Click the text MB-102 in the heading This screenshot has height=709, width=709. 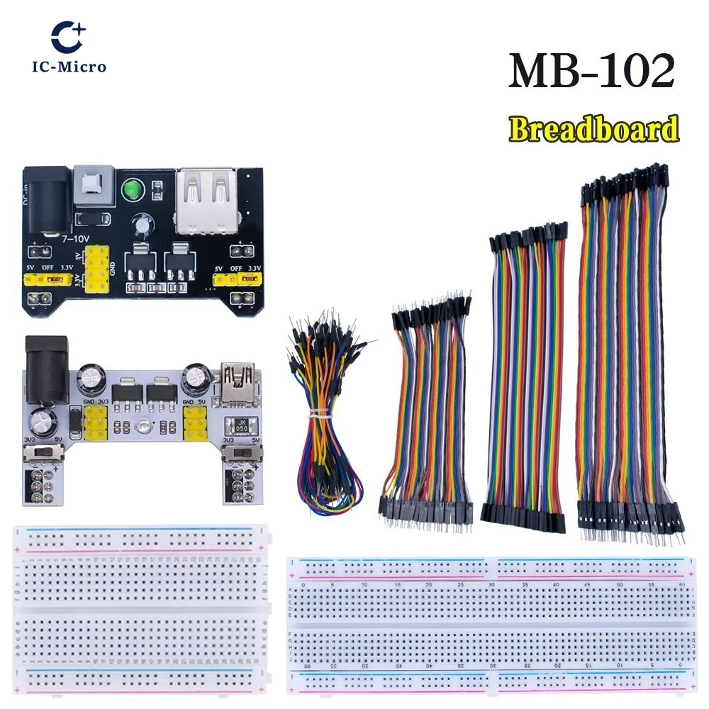(591, 71)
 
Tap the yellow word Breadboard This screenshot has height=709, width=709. (593, 130)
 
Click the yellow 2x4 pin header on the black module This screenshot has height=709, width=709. (97, 267)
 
